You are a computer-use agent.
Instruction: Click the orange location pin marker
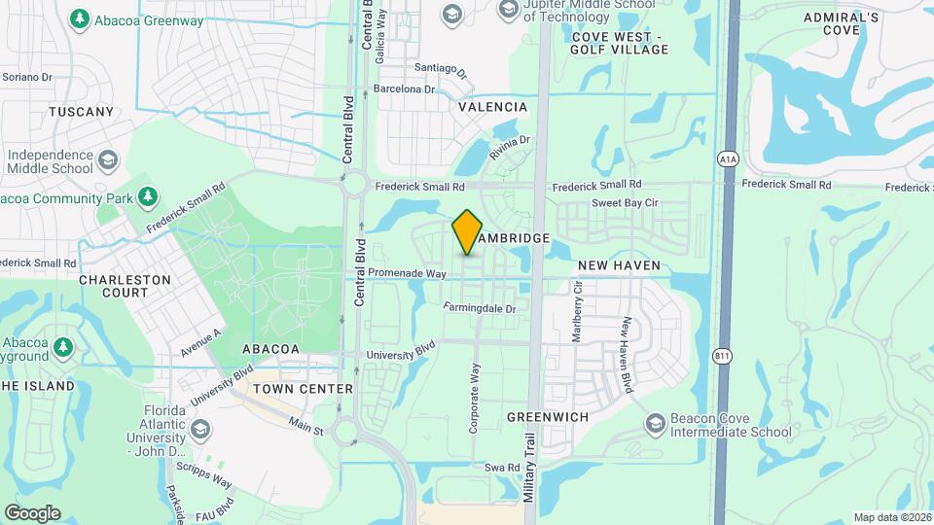pyautogui.click(x=467, y=232)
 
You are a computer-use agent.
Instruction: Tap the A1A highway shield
pyautogui.click(x=727, y=158)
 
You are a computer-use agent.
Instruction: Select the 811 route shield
pyautogui.click(x=721, y=356)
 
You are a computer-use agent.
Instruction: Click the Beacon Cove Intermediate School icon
pyautogui.click(x=656, y=423)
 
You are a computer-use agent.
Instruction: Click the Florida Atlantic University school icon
pyautogui.click(x=199, y=429)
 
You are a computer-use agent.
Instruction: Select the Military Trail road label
pyautogui.click(x=530, y=466)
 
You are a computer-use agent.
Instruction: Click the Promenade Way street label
pyautogui.click(x=408, y=274)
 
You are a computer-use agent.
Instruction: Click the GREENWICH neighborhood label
pyautogui.click(x=548, y=416)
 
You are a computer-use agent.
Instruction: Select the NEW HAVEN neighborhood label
pyautogui.click(x=619, y=264)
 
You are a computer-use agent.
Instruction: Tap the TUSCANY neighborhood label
pyautogui.click(x=82, y=112)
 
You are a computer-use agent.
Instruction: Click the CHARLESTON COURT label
pyautogui.click(x=125, y=286)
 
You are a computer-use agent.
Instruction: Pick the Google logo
pyautogui.click(x=32, y=513)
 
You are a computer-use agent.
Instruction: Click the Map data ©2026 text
pyautogui.click(x=892, y=517)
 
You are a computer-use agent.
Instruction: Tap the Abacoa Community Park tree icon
pyautogui.click(x=148, y=197)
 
